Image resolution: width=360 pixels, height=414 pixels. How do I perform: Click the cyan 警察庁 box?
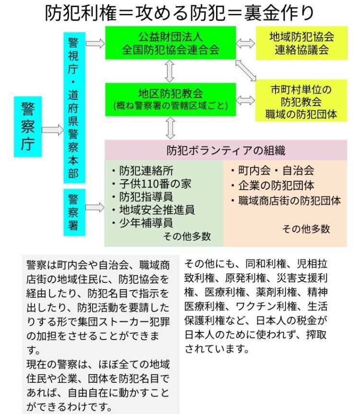click(x=28, y=126)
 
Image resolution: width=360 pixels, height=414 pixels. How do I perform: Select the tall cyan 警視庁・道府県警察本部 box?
click(x=74, y=108)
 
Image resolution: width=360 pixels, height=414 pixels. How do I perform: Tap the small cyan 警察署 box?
click(x=74, y=212)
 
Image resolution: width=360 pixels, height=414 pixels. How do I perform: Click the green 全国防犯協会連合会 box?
click(x=170, y=43)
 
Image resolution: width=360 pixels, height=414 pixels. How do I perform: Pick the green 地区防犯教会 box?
click(x=170, y=99)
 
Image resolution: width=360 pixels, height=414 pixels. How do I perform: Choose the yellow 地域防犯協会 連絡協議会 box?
click(x=301, y=43)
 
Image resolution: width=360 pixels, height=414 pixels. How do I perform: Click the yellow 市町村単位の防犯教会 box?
click(x=301, y=100)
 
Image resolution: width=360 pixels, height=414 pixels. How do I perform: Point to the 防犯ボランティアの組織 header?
click(x=226, y=150)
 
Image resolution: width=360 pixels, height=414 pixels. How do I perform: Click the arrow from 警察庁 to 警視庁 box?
click(x=53, y=130)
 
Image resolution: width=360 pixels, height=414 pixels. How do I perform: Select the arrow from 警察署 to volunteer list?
click(x=95, y=207)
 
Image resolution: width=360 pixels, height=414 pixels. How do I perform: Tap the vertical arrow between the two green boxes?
click(x=169, y=71)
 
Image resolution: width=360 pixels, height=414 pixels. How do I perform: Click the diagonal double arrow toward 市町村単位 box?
click(x=246, y=70)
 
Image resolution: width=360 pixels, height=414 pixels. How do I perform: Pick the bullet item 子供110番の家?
click(x=152, y=184)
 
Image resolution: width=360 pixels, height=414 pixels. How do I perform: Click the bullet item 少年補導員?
click(x=143, y=223)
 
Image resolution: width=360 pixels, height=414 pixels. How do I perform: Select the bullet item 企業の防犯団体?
click(x=273, y=185)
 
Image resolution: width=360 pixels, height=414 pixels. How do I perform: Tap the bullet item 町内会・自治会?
click(x=273, y=170)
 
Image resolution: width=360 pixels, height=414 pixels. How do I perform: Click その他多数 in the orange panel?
click(x=306, y=229)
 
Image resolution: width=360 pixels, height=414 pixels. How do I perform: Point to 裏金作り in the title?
click(x=279, y=13)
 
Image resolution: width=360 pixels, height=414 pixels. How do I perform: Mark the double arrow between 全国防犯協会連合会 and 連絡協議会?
click(x=246, y=43)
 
